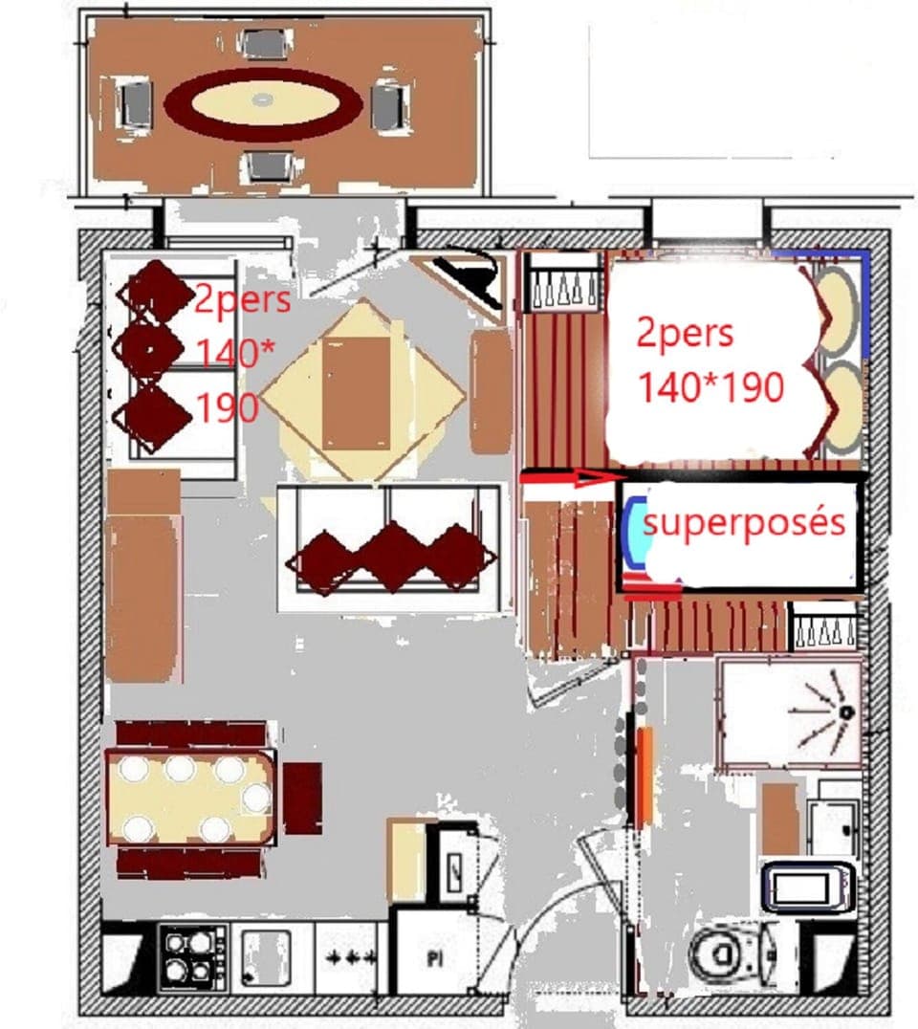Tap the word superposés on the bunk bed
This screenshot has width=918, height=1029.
coord(744,523)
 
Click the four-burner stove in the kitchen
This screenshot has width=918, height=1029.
coord(191,957)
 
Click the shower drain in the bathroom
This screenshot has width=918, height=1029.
coord(845,712)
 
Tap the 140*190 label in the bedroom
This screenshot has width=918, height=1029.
coord(711,387)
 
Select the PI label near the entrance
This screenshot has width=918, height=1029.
coord(436,956)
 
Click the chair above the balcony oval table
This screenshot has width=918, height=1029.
coord(264,43)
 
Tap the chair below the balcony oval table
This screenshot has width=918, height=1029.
coord(267,165)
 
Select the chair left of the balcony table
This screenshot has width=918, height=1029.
coord(136,103)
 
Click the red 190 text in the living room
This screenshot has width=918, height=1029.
coord(227,408)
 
